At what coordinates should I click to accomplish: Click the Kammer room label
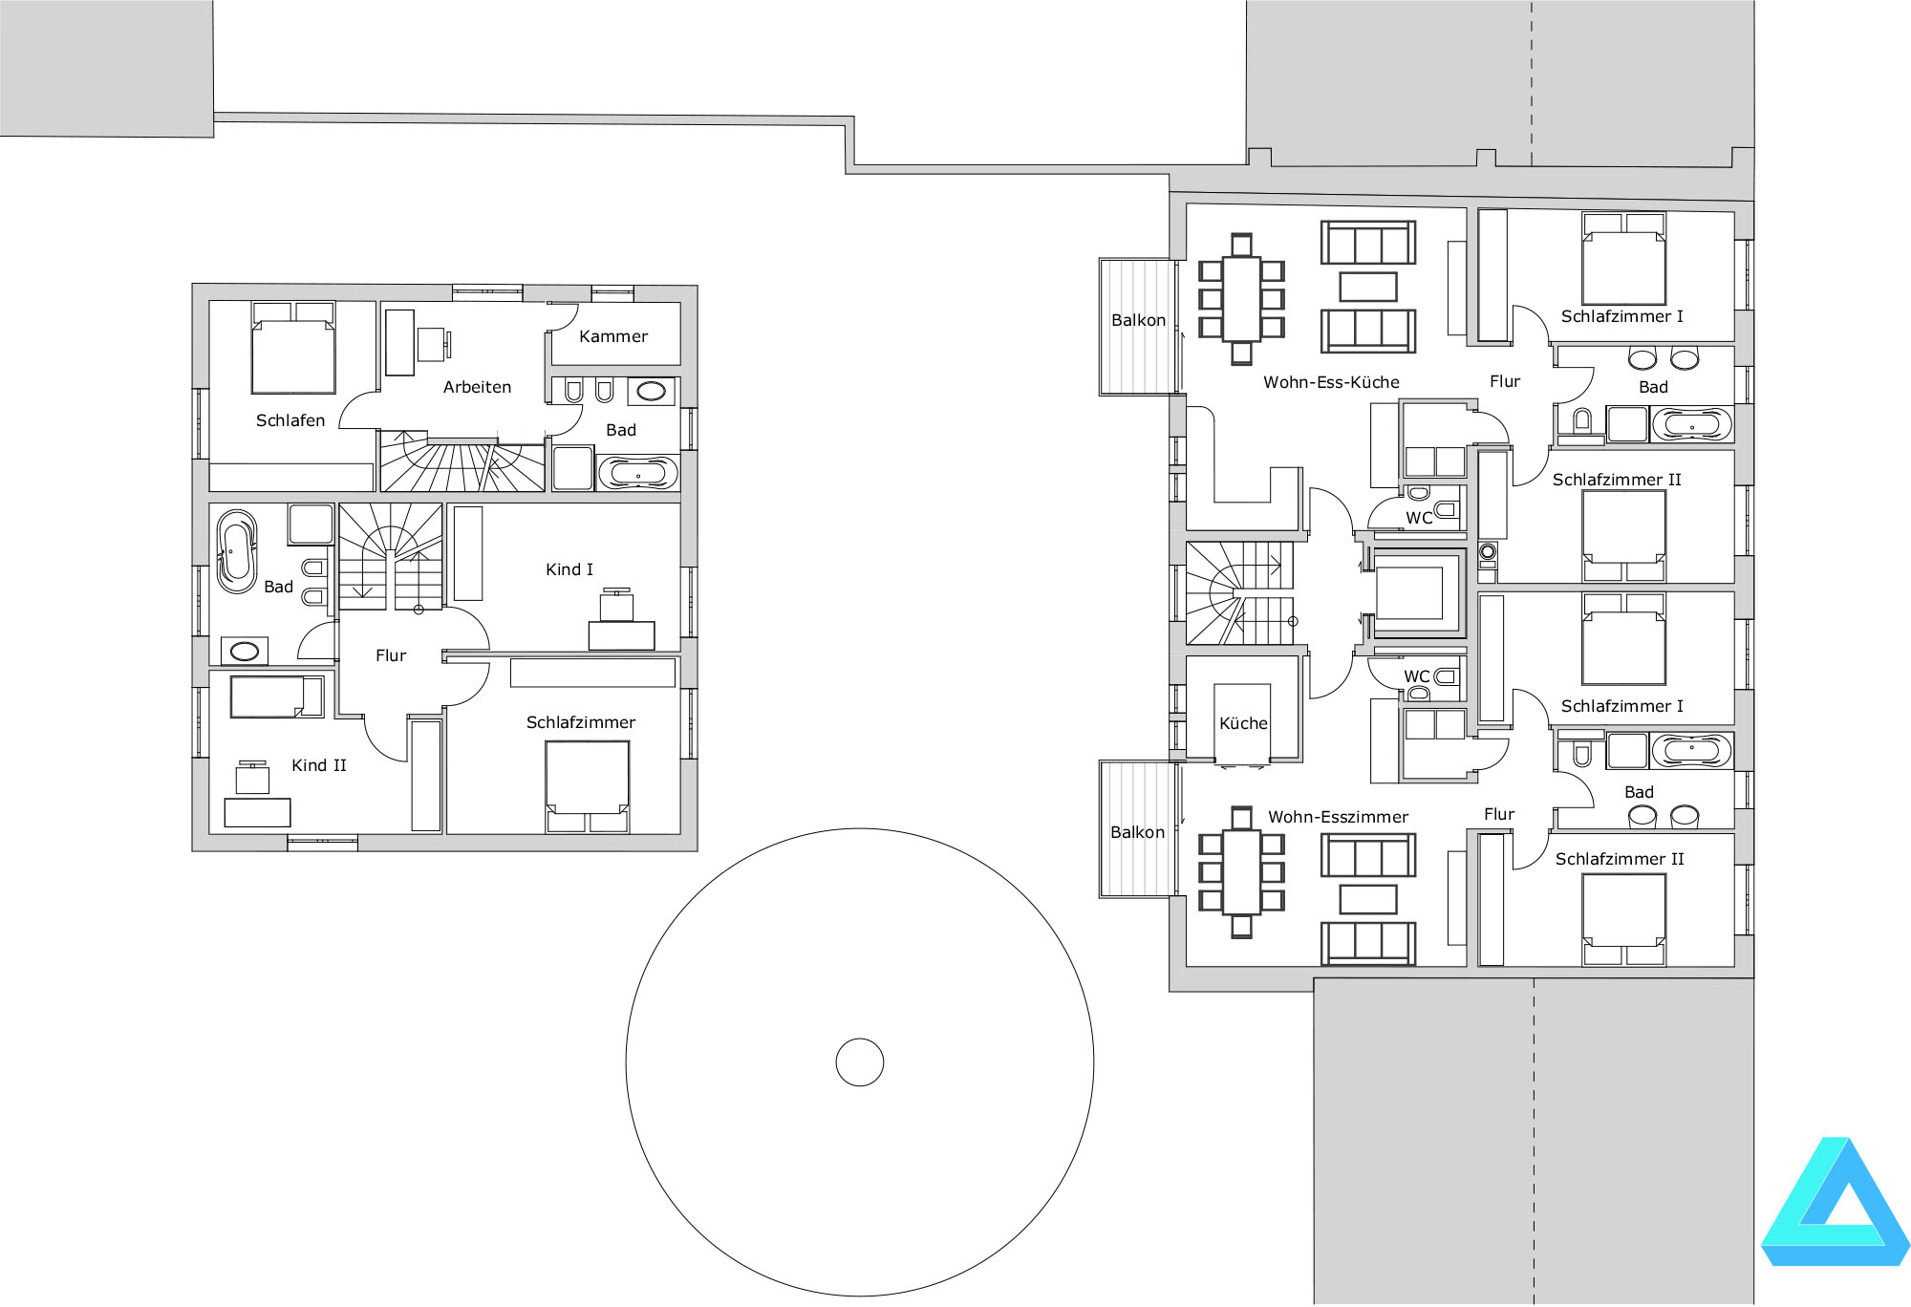click(x=613, y=336)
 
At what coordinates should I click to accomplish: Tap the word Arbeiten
click(x=477, y=387)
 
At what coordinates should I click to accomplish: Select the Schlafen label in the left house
click(x=290, y=420)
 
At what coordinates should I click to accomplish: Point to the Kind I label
click(x=569, y=569)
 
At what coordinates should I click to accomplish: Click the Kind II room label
click(x=319, y=765)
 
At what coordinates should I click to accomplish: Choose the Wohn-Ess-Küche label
click(x=1331, y=382)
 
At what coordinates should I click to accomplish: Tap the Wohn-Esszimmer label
click(x=1338, y=817)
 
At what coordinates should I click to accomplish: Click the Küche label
click(x=1243, y=723)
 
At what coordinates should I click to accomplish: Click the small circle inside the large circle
click(x=860, y=1062)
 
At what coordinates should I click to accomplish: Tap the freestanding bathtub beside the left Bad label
click(x=237, y=552)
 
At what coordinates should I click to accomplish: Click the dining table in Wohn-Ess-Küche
click(x=1241, y=299)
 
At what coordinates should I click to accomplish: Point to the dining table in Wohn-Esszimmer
click(x=1241, y=872)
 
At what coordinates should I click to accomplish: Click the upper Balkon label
click(x=1138, y=320)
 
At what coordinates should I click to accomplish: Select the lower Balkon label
click(x=1137, y=832)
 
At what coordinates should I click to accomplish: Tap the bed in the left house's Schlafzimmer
click(x=588, y=786)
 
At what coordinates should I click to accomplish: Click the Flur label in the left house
click(x=391, y=655)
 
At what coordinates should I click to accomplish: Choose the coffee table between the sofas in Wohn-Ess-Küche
click(x=1368, y=287)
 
